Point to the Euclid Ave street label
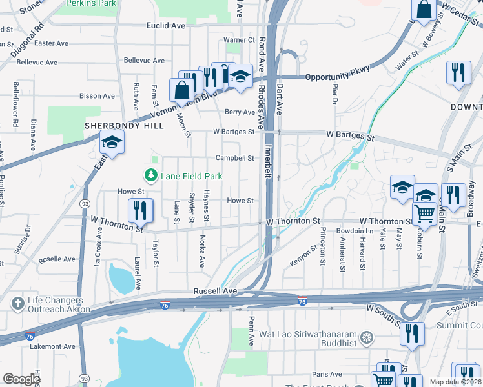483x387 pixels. pos(166,26)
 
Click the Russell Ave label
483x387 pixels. pos(216,292)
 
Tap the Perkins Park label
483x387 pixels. pos(90,3)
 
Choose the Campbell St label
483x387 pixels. pos(234,158)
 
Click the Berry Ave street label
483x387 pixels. pos(239,112)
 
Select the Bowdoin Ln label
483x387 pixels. pos(355,231)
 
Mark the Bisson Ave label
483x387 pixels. pos(97,96)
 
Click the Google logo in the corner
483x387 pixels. pos(22,379)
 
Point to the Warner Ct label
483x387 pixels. pos(239,40)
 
